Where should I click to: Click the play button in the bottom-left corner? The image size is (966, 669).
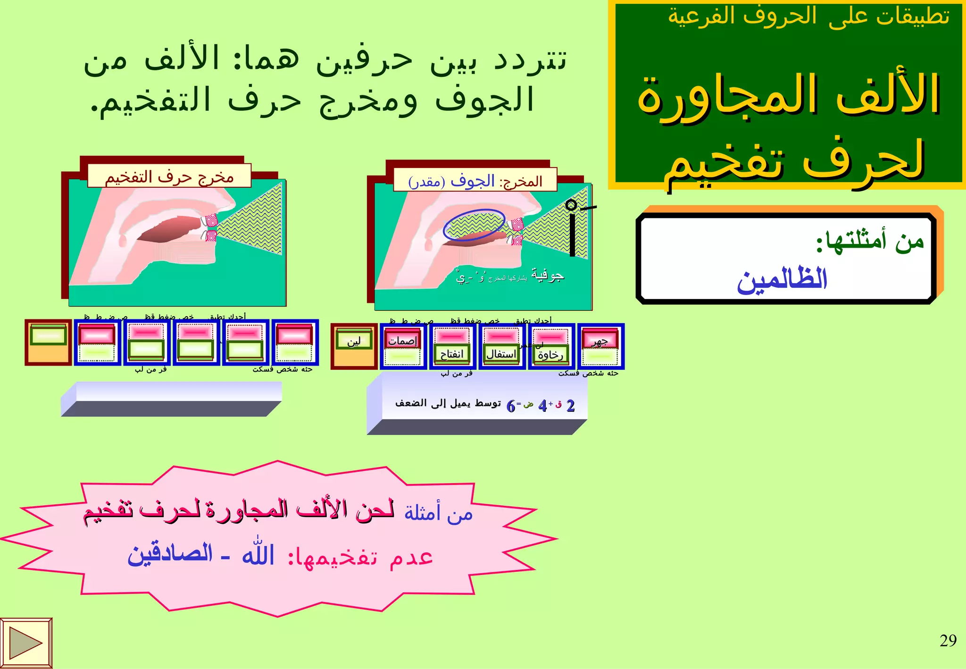tap(25, 643)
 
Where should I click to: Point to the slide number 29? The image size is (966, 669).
tap(948, 641)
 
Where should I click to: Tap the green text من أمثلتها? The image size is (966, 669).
tap(870, 241)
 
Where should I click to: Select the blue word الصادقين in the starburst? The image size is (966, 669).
tap(170, 554)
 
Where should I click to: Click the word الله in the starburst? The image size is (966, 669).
tap(258, 553)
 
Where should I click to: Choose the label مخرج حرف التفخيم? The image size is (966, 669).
tap(169, 177)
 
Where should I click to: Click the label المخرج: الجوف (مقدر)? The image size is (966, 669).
tap(475, 181)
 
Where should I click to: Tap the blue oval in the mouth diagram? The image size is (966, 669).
tap(474, 225)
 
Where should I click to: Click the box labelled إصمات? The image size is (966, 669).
tap(403, 341)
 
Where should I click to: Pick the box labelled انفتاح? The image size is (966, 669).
tap(452, 354)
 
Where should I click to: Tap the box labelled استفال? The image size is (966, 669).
tap(501, 354)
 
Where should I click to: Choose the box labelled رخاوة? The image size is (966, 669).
tap(550, 355)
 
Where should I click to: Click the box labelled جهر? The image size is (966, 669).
tap(600, 342)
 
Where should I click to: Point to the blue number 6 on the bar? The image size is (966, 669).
tap(511, 406)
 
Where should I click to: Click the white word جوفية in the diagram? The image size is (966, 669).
tap(548, 275)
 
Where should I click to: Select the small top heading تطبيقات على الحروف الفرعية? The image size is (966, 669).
tap(808, 17)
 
